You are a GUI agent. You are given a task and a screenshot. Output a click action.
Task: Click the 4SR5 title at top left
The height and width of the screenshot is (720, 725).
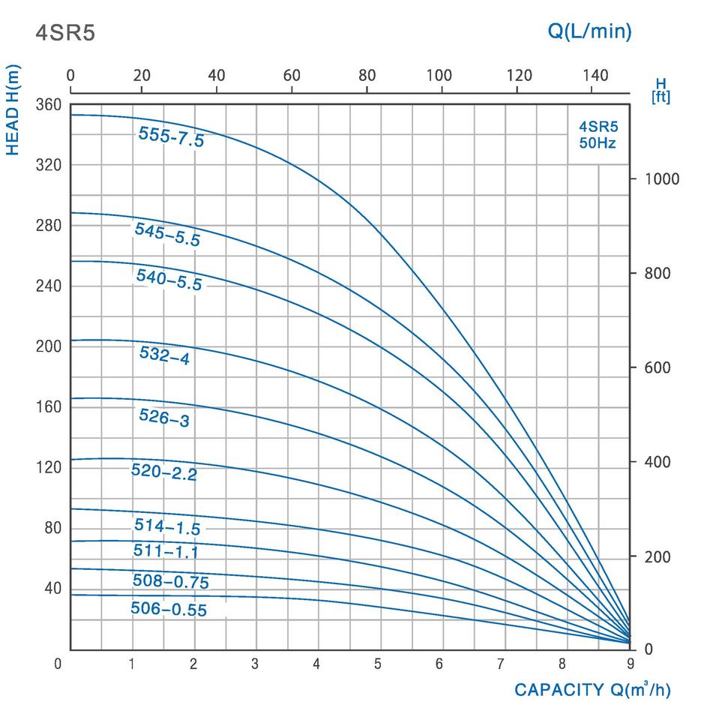click(66, 33)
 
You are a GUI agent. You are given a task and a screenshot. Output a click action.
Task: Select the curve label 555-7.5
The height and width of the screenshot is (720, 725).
click(171, 136)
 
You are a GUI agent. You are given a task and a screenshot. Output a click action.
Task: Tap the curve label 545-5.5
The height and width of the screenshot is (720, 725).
click(167, 234)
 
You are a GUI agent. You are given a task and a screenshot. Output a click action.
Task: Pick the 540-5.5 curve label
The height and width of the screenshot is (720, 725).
click(169, 279)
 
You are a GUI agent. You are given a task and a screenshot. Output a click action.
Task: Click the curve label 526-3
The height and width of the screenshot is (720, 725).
click(164, 417)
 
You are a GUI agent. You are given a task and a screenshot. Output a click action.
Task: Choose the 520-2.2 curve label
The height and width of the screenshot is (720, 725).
click(163, 472)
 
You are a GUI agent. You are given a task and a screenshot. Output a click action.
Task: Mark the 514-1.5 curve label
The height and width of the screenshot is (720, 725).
click(167, 526)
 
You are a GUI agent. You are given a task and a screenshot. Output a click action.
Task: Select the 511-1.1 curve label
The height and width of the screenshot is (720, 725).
click(166, 552)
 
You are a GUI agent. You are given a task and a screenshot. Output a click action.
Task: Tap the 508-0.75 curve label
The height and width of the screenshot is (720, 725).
click(170, 581)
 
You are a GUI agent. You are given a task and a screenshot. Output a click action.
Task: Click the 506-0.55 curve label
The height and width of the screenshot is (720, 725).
click(168, 608)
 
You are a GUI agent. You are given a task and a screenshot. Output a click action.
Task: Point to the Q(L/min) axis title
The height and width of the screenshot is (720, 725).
click(589, 31)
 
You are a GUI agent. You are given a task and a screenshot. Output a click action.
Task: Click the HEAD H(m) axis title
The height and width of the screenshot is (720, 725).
click(13, 110)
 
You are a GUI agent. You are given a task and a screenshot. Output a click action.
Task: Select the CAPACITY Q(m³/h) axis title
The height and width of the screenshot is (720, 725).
click(592, 690)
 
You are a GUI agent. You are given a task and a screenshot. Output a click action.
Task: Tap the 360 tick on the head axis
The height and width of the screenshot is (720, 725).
click(47, 105)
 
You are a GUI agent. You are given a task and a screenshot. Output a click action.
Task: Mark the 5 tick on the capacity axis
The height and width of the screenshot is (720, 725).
click(377, 664)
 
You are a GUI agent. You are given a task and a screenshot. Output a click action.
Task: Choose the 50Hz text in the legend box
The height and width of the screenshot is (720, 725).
click(598, 143)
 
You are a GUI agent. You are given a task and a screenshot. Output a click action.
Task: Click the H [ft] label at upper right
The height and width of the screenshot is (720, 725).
click(661, 90)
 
